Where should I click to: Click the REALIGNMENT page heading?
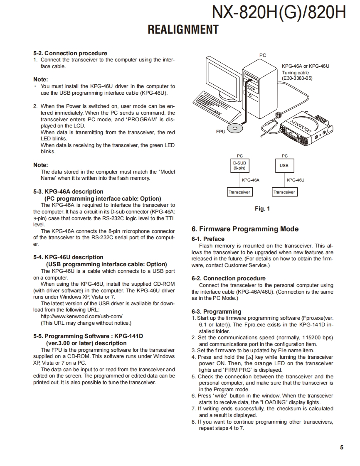(183, 30)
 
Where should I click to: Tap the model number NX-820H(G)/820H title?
(279, 12)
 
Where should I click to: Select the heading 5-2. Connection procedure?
(70, 53)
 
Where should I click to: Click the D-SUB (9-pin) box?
(239, 166)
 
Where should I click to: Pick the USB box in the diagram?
(284, 166)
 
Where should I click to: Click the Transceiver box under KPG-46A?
(239, 192)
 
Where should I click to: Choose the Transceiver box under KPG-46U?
(284, 192)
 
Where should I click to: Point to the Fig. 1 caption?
(262, 208)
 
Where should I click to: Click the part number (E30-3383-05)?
(297, 78)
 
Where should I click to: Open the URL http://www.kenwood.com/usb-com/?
(81, 316)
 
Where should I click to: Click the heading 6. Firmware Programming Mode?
(245, 229)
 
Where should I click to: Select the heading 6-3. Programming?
(216, 311)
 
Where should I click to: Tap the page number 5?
(342, 447)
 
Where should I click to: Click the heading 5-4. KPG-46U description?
(68, 257)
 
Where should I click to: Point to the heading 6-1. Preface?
(208, 239)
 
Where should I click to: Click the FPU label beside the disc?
(221, 131)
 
